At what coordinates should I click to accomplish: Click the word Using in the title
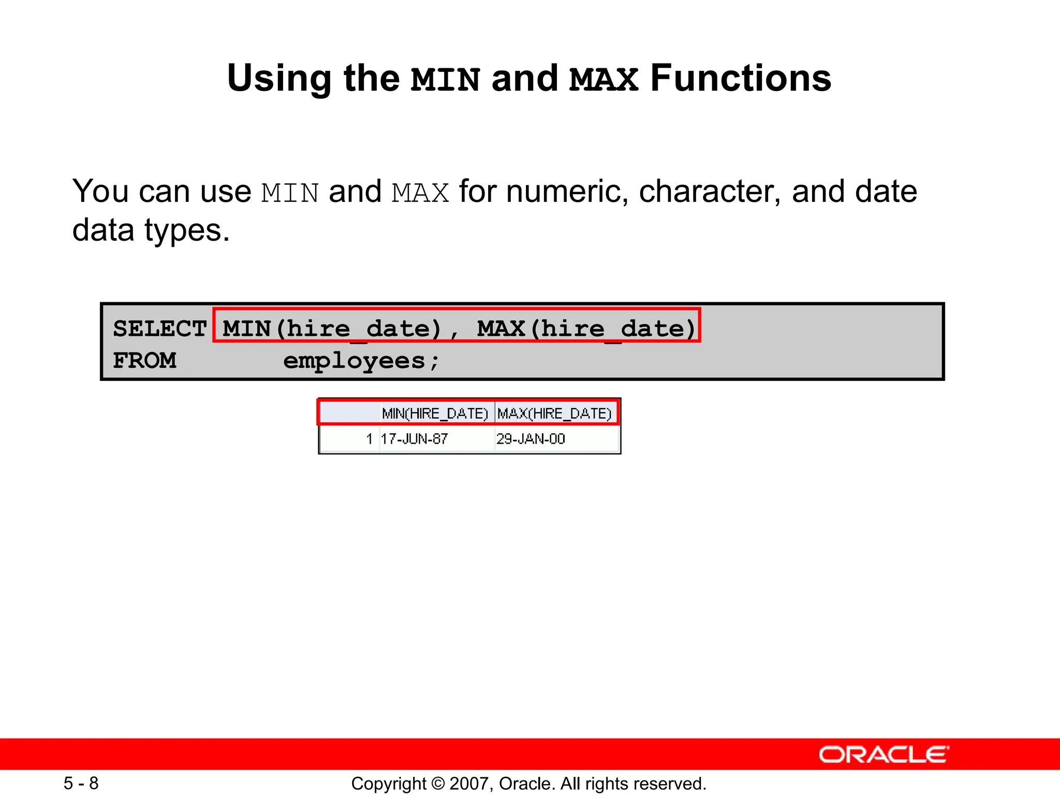click(x=279, y=79)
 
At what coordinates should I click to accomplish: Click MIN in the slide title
click(x=446, y=80)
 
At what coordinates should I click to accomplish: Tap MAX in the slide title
click(x=603, y=80)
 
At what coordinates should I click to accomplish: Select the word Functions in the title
click(x=740, y=79)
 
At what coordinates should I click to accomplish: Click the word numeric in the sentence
click(x=567, y=192)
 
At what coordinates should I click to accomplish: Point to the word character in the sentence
click(x=710, y=192)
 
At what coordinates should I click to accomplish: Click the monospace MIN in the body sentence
click(x=290, y=193)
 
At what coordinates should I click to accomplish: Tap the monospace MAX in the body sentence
click(x=420, y=193)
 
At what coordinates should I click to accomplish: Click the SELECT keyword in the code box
click(x=159, y=329)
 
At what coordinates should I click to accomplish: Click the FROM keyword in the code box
click(x=144, y=361)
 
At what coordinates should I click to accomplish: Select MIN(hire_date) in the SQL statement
click(x=332, y=329)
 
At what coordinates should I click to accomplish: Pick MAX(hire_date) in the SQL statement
click(x=586, y=329)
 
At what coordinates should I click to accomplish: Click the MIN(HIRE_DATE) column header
click(x=435, y=414)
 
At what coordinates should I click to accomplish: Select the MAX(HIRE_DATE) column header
click(x=554, y=414)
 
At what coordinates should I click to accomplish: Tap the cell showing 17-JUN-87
click(x=414, y=439)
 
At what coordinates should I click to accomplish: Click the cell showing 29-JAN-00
click(x=531, y=439)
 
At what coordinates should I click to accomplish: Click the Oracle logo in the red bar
click(x=884, y=755)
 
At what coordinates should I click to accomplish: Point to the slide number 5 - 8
click(x=81, y=783)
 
